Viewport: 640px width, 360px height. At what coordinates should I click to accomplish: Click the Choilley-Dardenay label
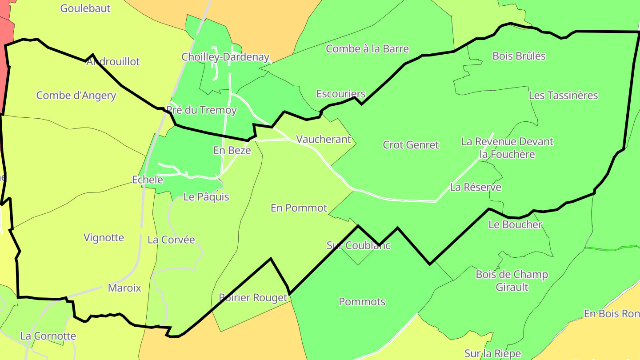coord(225,57)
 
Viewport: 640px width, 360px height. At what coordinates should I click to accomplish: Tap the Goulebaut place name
coord(85,8)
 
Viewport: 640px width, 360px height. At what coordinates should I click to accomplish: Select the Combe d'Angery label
coord(76,96)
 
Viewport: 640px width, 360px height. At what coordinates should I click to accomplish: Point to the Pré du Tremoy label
coord(201,110)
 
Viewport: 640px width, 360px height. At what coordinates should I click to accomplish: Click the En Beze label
coord(232,150)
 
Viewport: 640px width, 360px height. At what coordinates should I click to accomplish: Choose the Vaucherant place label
coord(324,139)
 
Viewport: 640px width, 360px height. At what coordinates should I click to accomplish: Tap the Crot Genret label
coord(411,145)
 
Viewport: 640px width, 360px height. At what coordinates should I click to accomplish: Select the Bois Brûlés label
coord(519,56)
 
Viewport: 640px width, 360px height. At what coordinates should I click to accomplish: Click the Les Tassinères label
coord(564,96)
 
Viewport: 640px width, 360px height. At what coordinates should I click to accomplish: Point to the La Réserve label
coord(476,187)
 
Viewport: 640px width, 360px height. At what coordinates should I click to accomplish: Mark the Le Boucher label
coord(516,224)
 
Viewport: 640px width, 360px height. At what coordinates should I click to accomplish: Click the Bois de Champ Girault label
coord(512,280)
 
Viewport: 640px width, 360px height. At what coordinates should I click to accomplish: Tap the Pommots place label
coord(362,302)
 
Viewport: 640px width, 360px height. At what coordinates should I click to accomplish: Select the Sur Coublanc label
coord(358,245)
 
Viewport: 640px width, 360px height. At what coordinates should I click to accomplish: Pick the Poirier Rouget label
coord(253,297)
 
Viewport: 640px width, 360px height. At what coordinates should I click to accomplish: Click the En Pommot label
coord(299,208)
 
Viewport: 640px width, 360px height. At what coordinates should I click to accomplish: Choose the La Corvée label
coord(171,240)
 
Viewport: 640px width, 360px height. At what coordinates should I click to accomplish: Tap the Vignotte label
coord(104,237)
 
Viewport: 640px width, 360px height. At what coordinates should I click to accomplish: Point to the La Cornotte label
coord(48,336)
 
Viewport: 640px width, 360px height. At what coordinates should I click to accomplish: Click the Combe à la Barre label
coord(367,49)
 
